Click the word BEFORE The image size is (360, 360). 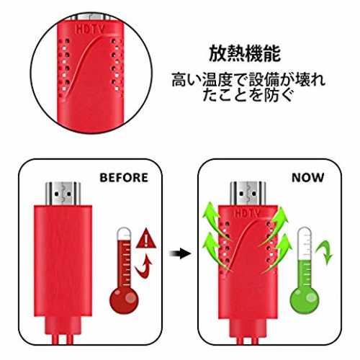124,178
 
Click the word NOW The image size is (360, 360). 307,178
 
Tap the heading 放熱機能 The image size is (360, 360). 245,54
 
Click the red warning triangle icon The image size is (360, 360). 146,238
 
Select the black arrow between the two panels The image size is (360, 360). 180,253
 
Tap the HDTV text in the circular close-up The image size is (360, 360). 90,29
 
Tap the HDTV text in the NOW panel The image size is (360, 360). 247,213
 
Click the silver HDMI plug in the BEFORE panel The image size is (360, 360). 63,194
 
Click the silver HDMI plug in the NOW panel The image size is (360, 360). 248,194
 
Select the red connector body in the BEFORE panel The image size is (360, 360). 63,261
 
